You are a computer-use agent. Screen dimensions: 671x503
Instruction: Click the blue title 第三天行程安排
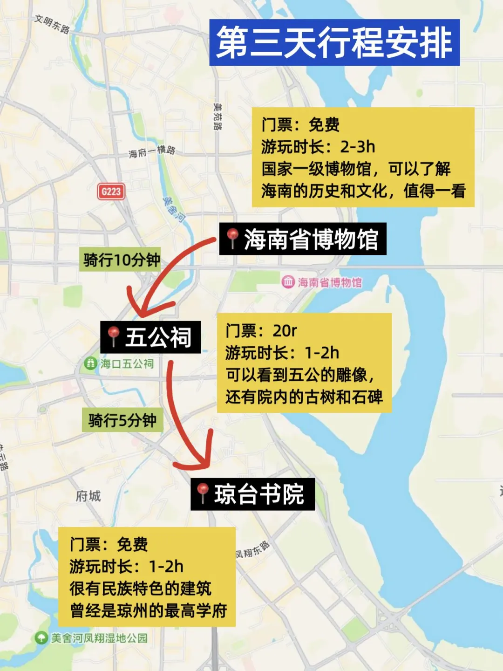(x=334, y=42)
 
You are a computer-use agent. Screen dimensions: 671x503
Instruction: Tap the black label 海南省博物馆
(x=303, y=239)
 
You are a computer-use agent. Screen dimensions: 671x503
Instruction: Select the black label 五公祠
(x=150, y=337)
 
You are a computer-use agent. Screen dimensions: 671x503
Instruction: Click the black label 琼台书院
(x=252, y=494)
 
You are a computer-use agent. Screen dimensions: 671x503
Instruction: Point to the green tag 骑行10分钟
(x=122, y=260)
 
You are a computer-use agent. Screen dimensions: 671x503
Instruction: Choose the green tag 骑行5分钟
(x=122, y=420)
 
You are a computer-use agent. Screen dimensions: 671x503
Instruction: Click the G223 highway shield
(x=111, y=191)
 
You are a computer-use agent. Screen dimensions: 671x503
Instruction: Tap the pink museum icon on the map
(x=288, y=281)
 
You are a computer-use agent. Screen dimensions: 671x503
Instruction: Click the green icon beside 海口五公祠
(x=90, y=363)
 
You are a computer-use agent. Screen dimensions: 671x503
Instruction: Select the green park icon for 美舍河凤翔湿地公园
(x=41, y=637)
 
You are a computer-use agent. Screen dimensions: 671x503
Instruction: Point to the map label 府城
(x=88, y=496)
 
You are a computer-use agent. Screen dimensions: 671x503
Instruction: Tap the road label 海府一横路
(x=152, y=151)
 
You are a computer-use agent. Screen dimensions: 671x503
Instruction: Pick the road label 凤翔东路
(x=252, y=550)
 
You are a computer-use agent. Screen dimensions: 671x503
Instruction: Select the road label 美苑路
(x=218, y=116)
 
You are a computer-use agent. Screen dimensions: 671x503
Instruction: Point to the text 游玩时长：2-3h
(x=318, y=147)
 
